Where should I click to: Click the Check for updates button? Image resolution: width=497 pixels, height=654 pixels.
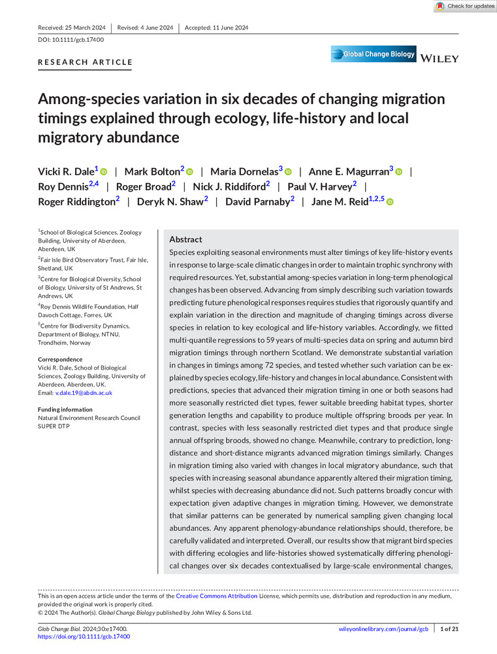click(465, 6)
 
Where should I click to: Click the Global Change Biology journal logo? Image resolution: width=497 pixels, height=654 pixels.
click(374, 54)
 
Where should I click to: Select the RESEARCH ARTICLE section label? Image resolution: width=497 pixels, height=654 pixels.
click(85, 63)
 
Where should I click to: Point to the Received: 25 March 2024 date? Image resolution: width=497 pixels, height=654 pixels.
click(72, 27)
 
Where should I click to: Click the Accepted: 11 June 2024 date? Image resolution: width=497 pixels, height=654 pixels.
click(216, 27)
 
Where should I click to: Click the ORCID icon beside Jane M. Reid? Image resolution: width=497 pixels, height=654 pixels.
click(390, 202)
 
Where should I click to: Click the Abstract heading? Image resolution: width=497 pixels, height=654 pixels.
click(185, 240)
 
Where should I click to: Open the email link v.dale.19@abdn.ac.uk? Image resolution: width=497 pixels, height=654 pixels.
click(83, 393)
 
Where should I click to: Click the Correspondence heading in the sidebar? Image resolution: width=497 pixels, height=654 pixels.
click(60, 360)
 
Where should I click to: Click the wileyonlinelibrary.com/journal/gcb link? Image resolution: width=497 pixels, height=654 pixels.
click(383, 629)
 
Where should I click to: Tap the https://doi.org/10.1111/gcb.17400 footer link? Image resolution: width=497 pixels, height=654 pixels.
click(84, 636)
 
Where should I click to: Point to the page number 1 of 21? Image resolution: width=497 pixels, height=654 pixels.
click(449, 629)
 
